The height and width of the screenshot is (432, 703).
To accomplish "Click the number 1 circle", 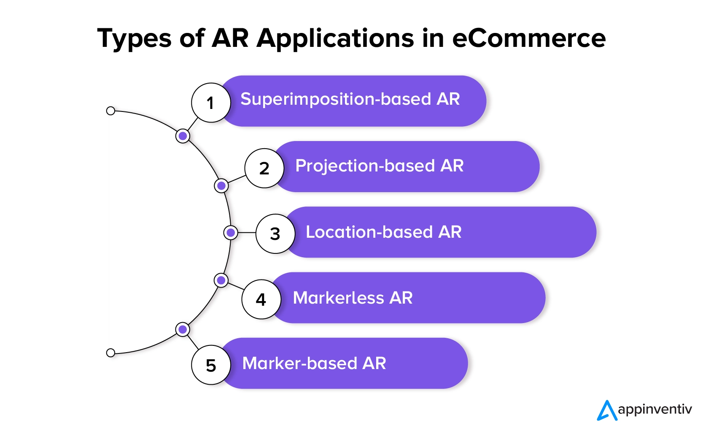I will pyautogui.click(x=211, y=103).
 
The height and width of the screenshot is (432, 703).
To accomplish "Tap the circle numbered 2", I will pyautogui.click(x=264, y=168).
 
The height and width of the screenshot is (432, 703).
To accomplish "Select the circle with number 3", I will pyautogui.click(x=275, y=234).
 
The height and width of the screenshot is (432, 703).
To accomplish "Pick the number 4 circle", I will pyautogui.click(x=261, y=299).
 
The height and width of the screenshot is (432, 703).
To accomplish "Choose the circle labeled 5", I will pyautogui.click(x=211, y=365).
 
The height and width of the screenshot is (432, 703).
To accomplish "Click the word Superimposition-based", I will pyautogui.click(x=336, y=99).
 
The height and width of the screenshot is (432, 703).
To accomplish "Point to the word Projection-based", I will pyautogui.click(x=365, y=166).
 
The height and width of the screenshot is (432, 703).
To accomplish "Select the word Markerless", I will pyautogui.click(x=338, y=298).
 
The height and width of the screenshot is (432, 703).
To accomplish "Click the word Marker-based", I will pyautogui.click(x=299, y=364).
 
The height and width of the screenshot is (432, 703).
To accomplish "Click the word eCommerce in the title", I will pyautogui.click(x=529, y=38).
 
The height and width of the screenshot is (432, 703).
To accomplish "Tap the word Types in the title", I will pyautogui.click(x=135, y=39).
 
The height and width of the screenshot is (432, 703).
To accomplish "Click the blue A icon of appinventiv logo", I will pyautogui.click(x=607, y=410).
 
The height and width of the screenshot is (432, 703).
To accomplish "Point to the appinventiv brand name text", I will pyautogui.click(x=655, y=410).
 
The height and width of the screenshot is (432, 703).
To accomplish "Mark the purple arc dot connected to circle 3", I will pyautogui.click(x=231, y=233).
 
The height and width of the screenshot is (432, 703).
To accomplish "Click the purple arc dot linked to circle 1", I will pyautogui.click(x=183, y=136).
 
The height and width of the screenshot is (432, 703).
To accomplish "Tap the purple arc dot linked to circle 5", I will pyautogui.click(x=183, y=329).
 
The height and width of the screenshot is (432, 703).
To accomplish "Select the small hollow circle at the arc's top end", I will pyautogui.click(x=110, y=111).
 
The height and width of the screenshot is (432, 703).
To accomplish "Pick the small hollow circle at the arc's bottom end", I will pyautogui.click(x=110, y=353).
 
